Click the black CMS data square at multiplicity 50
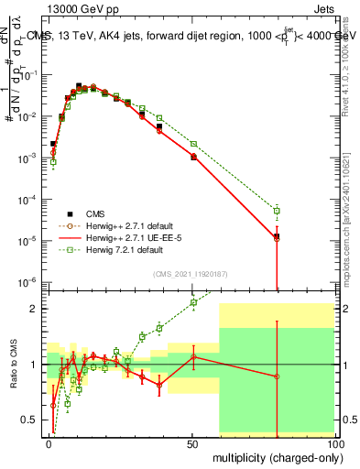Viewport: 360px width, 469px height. click(x=193, y=157)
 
